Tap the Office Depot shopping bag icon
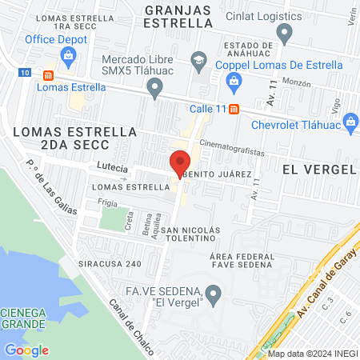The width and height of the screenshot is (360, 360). pyautogui.click(x=69, y=55)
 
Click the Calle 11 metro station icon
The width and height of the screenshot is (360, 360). pyautogui.click(x=234, y=110)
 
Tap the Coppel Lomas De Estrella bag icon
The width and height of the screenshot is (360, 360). pyautogui.click(x=234, y=79)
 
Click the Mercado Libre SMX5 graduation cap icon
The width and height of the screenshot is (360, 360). pyautogui.click(x=198, y=58)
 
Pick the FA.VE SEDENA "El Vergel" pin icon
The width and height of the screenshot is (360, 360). pyautogui.click(x=213, y=296)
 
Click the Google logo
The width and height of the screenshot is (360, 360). pyautogui.click(x=26, y=350)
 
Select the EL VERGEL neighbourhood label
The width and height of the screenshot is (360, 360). pyautogui.click(x=318, y=170)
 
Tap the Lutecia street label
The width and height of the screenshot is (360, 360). pyautogui.click(x=112, y=167)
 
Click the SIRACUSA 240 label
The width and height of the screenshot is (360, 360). pyautogui.click(x=110, y=263)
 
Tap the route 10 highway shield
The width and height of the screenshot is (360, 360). pyautogui.click(x=25, y=73)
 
